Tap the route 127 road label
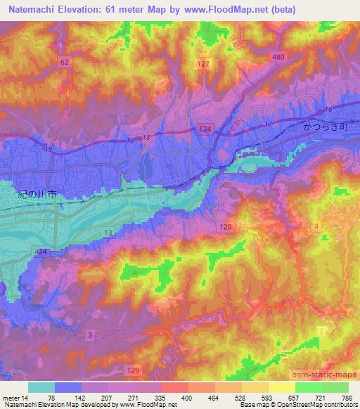(x=203, y=64)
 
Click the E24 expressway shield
(x=202, y=129)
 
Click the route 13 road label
(x=108, y=232)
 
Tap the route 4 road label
(x=316, y=225)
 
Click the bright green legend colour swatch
(x=308, y=387)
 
